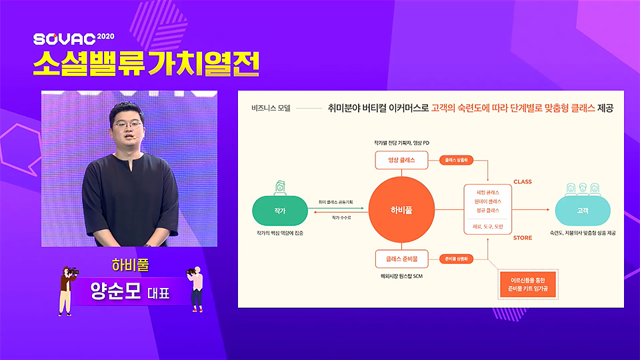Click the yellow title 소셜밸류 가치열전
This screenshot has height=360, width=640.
pyautogui.click(x=145, y=65)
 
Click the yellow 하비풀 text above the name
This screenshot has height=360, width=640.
pyautogui.click(x=129, y=265)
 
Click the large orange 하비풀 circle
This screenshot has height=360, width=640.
pyautogui.click(x=401, y=209)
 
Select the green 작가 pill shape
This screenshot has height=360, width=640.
pyautogui.click(x=279, y=210)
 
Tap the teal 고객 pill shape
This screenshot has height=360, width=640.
pyautogui.click(x=582, y=210)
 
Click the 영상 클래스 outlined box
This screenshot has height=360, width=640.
pyautogui.click(x=402, y=161)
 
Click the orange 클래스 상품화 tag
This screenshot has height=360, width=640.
pyautogui.click(x=457, y=161)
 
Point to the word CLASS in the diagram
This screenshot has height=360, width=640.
pyautogui.click(x=522, y=182)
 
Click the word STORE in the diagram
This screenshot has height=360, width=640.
pyautogui.click(x=522, y=237)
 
